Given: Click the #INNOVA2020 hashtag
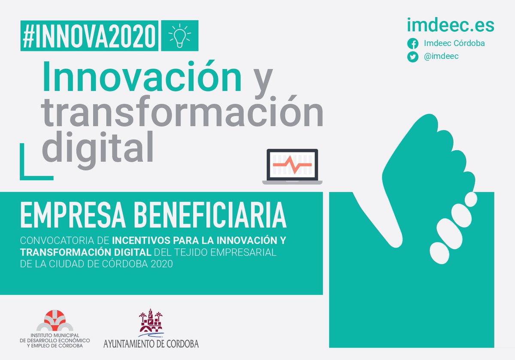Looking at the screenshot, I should (x=89, y=36).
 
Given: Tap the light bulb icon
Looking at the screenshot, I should (x=179, y=36).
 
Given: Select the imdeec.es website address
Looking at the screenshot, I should (x=451, y=25).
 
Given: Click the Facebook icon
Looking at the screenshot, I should (x=413, y=44).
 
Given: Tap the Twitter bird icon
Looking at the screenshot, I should (x=413, y=57).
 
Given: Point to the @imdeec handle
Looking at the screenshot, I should (x=441, y=56).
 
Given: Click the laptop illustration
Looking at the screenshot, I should (x=292, y=167).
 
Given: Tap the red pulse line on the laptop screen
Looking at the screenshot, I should (x=292, y=164).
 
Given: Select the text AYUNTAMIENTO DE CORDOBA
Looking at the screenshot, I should (x=151, y=343).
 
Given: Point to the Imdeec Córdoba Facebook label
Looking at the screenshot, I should (x=454, y=43).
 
